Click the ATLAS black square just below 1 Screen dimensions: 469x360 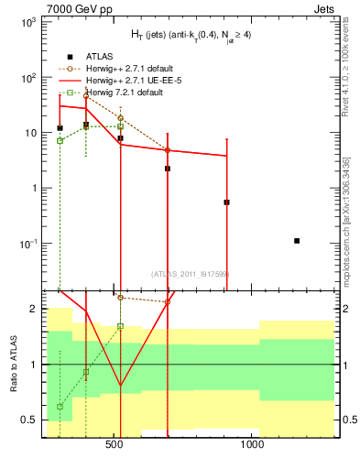pos(226,202)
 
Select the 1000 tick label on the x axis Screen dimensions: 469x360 pos(252,449)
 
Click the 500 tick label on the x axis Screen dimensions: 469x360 pos(115,449)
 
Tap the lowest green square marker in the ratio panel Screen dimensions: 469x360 pos(60,406)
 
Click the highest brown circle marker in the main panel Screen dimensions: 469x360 pos(86,95)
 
